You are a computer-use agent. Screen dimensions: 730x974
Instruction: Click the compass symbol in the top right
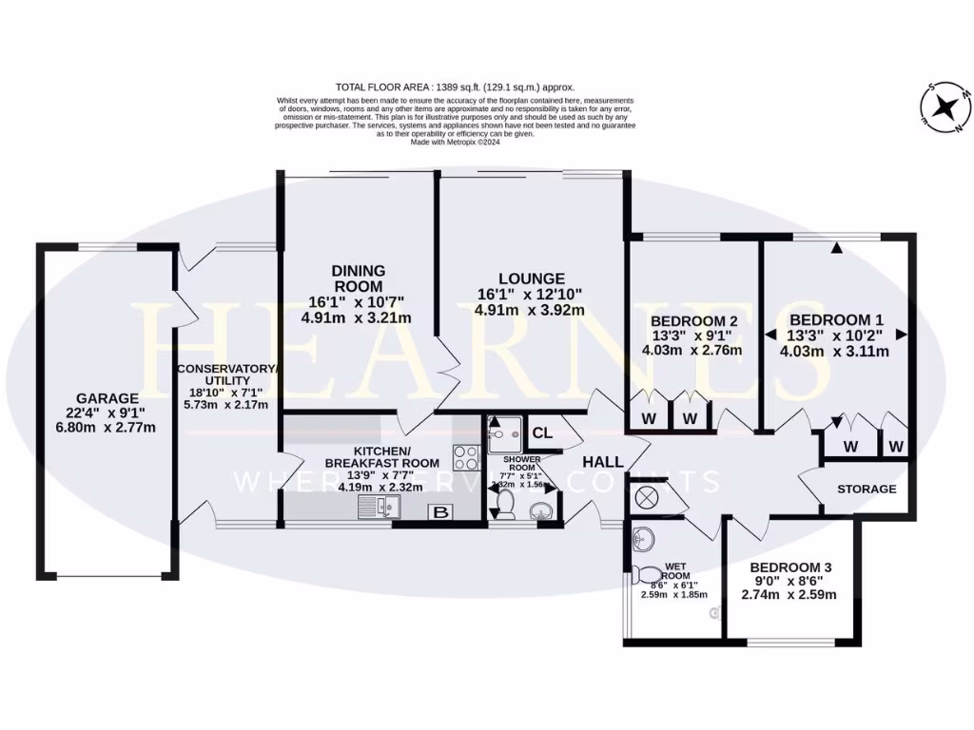pyautogui.click(x=945, y=107)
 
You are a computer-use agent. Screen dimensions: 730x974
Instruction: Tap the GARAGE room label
pyautogui.click(x=107, y=398)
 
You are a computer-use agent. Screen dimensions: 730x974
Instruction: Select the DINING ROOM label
pyautogui.click(x=358, y=279)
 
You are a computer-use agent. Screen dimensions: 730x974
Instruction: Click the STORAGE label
pyautogui.click(x=867, y=489)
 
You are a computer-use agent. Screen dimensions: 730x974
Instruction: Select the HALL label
pyautogui.click(x=604, y=462)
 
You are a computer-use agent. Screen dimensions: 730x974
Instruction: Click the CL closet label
pyautogui.click(x=542, y=432)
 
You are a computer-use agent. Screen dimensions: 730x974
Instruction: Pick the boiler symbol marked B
pyautogui.click(x=441, y=513)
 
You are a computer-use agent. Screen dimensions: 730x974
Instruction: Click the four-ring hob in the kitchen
pyautogui.click(x=465, y=457)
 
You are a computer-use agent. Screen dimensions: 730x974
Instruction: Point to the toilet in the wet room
pyautogui.click(x=649, y=574)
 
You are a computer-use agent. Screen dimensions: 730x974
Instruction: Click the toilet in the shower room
pyautogui.click(x=504, y=503)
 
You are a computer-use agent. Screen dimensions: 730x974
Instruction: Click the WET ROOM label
pyautogui.click(x=677, y=568)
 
